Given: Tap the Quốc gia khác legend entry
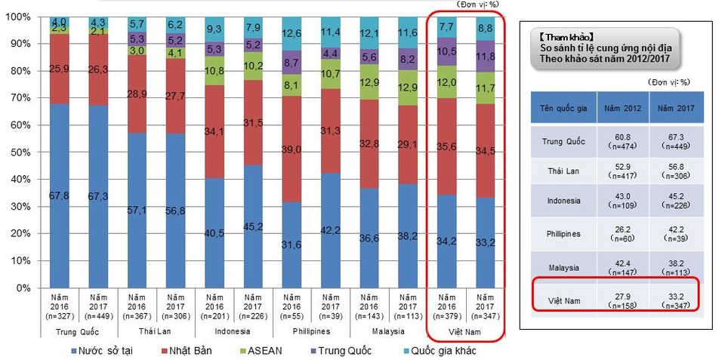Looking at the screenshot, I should (x=441, y=351).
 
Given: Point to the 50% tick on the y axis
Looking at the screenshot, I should (x=20, y=152).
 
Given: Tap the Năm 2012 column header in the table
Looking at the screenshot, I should (x=624, y=108).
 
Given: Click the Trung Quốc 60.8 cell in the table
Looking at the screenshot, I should (x=624, y=141).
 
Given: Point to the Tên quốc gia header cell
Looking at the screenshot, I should (x=563, y=108).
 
